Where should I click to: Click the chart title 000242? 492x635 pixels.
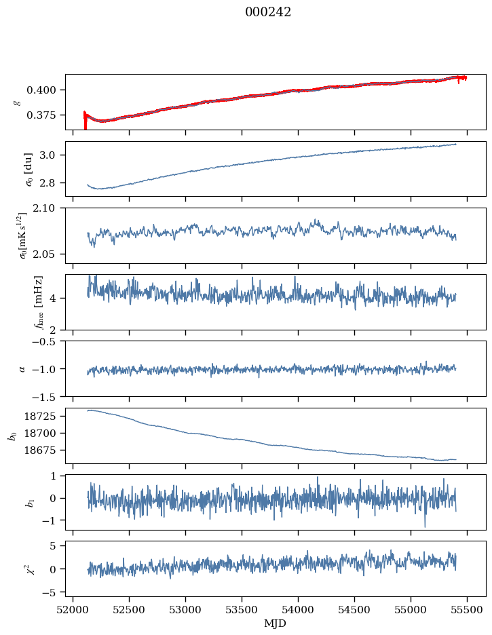click(x=268, y=12)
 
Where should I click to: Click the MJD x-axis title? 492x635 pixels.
click(x=275, y=623)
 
